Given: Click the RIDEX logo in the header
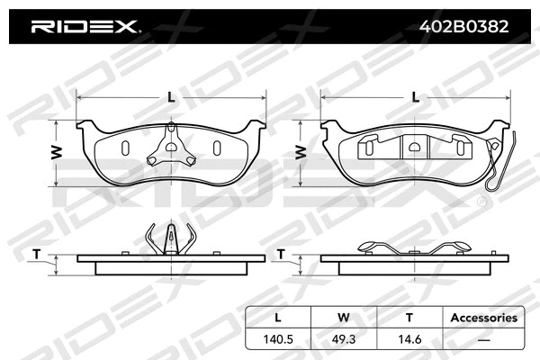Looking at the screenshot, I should (85, 27).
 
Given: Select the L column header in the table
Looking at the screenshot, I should (277, 317).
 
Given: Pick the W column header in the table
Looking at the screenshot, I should (342, 317).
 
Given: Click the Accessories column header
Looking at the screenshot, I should (483, 317).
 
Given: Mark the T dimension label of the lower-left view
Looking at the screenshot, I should (36, 255).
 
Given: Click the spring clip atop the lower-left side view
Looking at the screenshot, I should (170, 239).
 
